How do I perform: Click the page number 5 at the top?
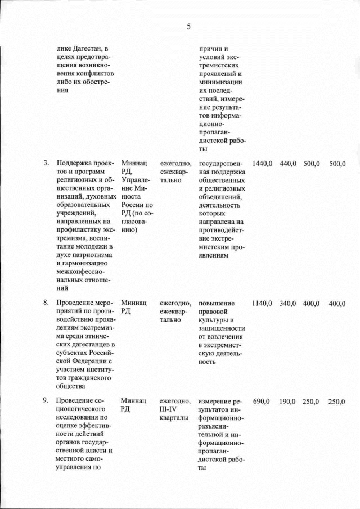188,26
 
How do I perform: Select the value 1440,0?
263,163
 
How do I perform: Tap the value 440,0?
287,163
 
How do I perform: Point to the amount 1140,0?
263,303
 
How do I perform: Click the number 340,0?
287,303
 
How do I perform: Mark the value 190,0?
287,401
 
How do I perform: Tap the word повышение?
217,303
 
